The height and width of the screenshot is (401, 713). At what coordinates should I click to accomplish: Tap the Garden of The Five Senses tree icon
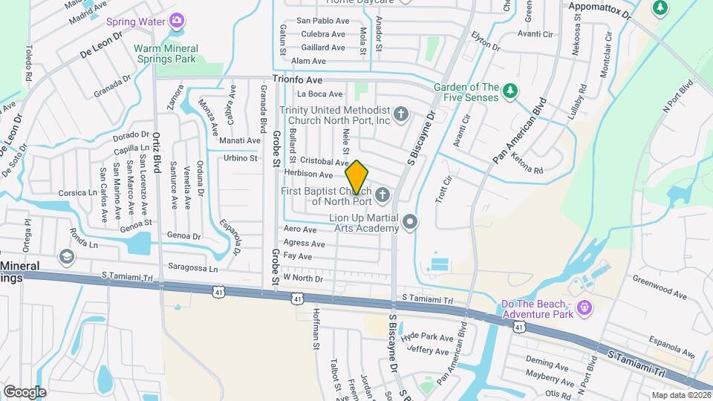coord(509,91)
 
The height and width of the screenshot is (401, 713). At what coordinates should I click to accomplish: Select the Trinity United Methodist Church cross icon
coord(401,114)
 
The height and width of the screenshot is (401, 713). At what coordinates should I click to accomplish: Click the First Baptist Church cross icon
coord(382,195)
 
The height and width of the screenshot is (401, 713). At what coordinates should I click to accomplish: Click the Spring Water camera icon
coord(177,21)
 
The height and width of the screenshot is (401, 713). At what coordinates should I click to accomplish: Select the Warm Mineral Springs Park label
coord(175,53)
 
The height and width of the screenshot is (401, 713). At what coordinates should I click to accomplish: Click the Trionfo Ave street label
coord(297,79)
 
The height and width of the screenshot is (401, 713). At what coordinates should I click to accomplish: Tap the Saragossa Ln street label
coord(194,269)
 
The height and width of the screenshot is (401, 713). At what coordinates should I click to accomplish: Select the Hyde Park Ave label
coord(426,337)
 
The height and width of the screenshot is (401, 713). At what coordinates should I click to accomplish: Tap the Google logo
coord(25,391)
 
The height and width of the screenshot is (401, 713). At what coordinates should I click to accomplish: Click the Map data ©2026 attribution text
coord(680,395)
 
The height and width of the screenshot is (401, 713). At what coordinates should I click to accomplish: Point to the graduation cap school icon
coord(66,256)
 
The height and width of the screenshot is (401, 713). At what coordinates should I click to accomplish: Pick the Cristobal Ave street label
coord(324,162)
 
